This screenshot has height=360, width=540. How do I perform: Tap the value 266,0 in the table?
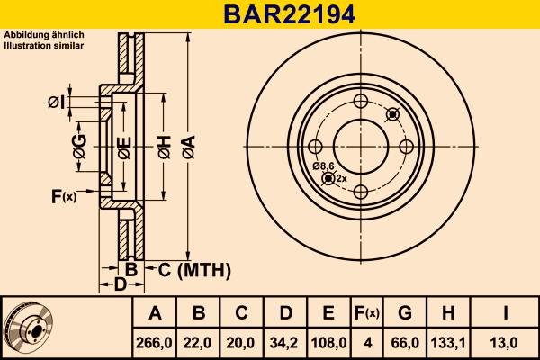point(155,342)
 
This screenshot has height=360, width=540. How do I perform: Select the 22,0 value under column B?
point(199,342)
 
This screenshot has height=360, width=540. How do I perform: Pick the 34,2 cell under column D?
point(284,342)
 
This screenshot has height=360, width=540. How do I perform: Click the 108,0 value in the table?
point(328,342)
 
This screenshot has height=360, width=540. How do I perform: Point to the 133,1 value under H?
point(447,342)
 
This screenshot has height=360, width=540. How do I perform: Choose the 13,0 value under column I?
point(507,342)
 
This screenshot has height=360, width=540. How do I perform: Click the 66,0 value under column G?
point(405,342)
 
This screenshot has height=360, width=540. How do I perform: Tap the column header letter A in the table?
point(155,313)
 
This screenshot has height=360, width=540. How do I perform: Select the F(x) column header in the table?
point(366,313)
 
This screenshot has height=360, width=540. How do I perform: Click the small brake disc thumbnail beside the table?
point(28,328)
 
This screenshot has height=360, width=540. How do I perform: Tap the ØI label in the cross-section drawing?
point(56,103)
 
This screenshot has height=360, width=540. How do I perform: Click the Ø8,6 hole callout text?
point(323,166)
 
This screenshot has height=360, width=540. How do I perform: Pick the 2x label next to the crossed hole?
point(341,178)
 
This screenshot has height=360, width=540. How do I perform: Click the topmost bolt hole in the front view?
point(360,102)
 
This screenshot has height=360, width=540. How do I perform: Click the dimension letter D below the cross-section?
point(120,286)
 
